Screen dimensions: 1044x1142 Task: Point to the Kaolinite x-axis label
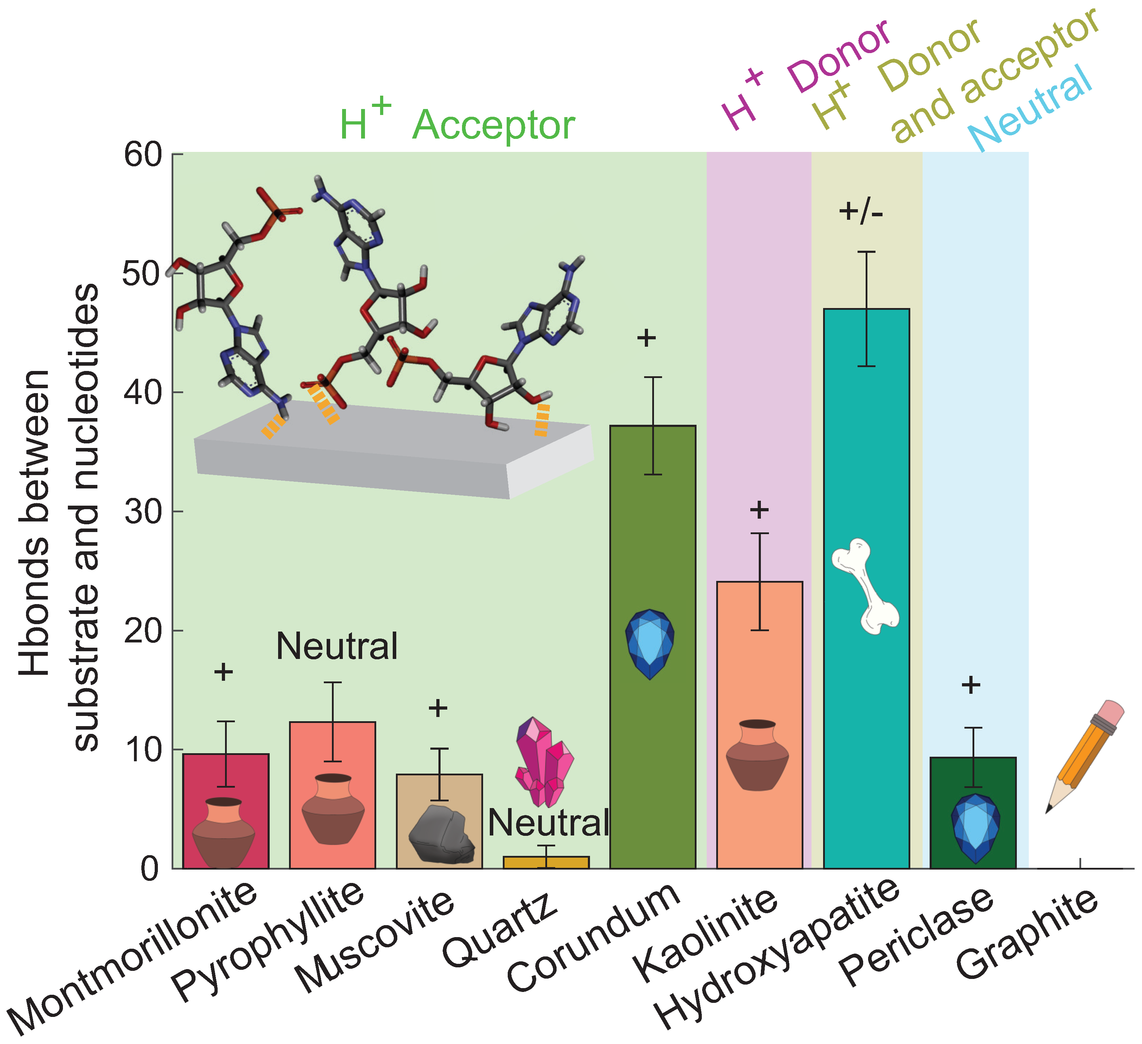(705, 935)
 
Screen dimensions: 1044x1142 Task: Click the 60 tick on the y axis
(143, 154)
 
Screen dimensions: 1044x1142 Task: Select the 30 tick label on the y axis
(143, 512)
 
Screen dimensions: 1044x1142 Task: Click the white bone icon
(865, 586)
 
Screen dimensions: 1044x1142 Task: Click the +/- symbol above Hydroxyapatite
(860, 212)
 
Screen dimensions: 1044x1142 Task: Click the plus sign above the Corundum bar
(646, 338)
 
